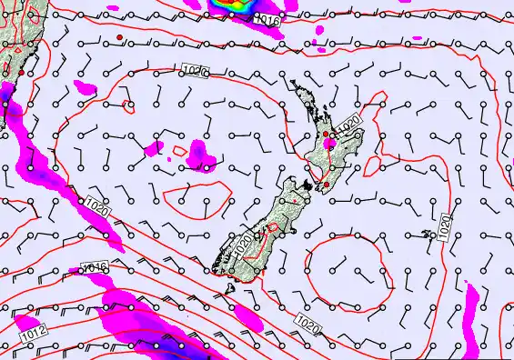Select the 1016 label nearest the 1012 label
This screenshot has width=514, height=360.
(x=95, y=268)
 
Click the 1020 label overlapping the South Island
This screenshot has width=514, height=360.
(x=242, y=241)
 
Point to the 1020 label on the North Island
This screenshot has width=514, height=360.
(x=348, y=123)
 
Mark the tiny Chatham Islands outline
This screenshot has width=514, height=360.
(x=428, y=235)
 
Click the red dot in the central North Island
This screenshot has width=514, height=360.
(x=325, y=135)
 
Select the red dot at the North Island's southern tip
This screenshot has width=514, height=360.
(x=325, y=185)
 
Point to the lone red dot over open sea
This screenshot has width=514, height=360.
(x=119, y=36)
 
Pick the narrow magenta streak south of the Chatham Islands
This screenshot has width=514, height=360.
(x=472, y=314)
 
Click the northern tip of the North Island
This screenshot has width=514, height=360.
(x=293, y=83)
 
